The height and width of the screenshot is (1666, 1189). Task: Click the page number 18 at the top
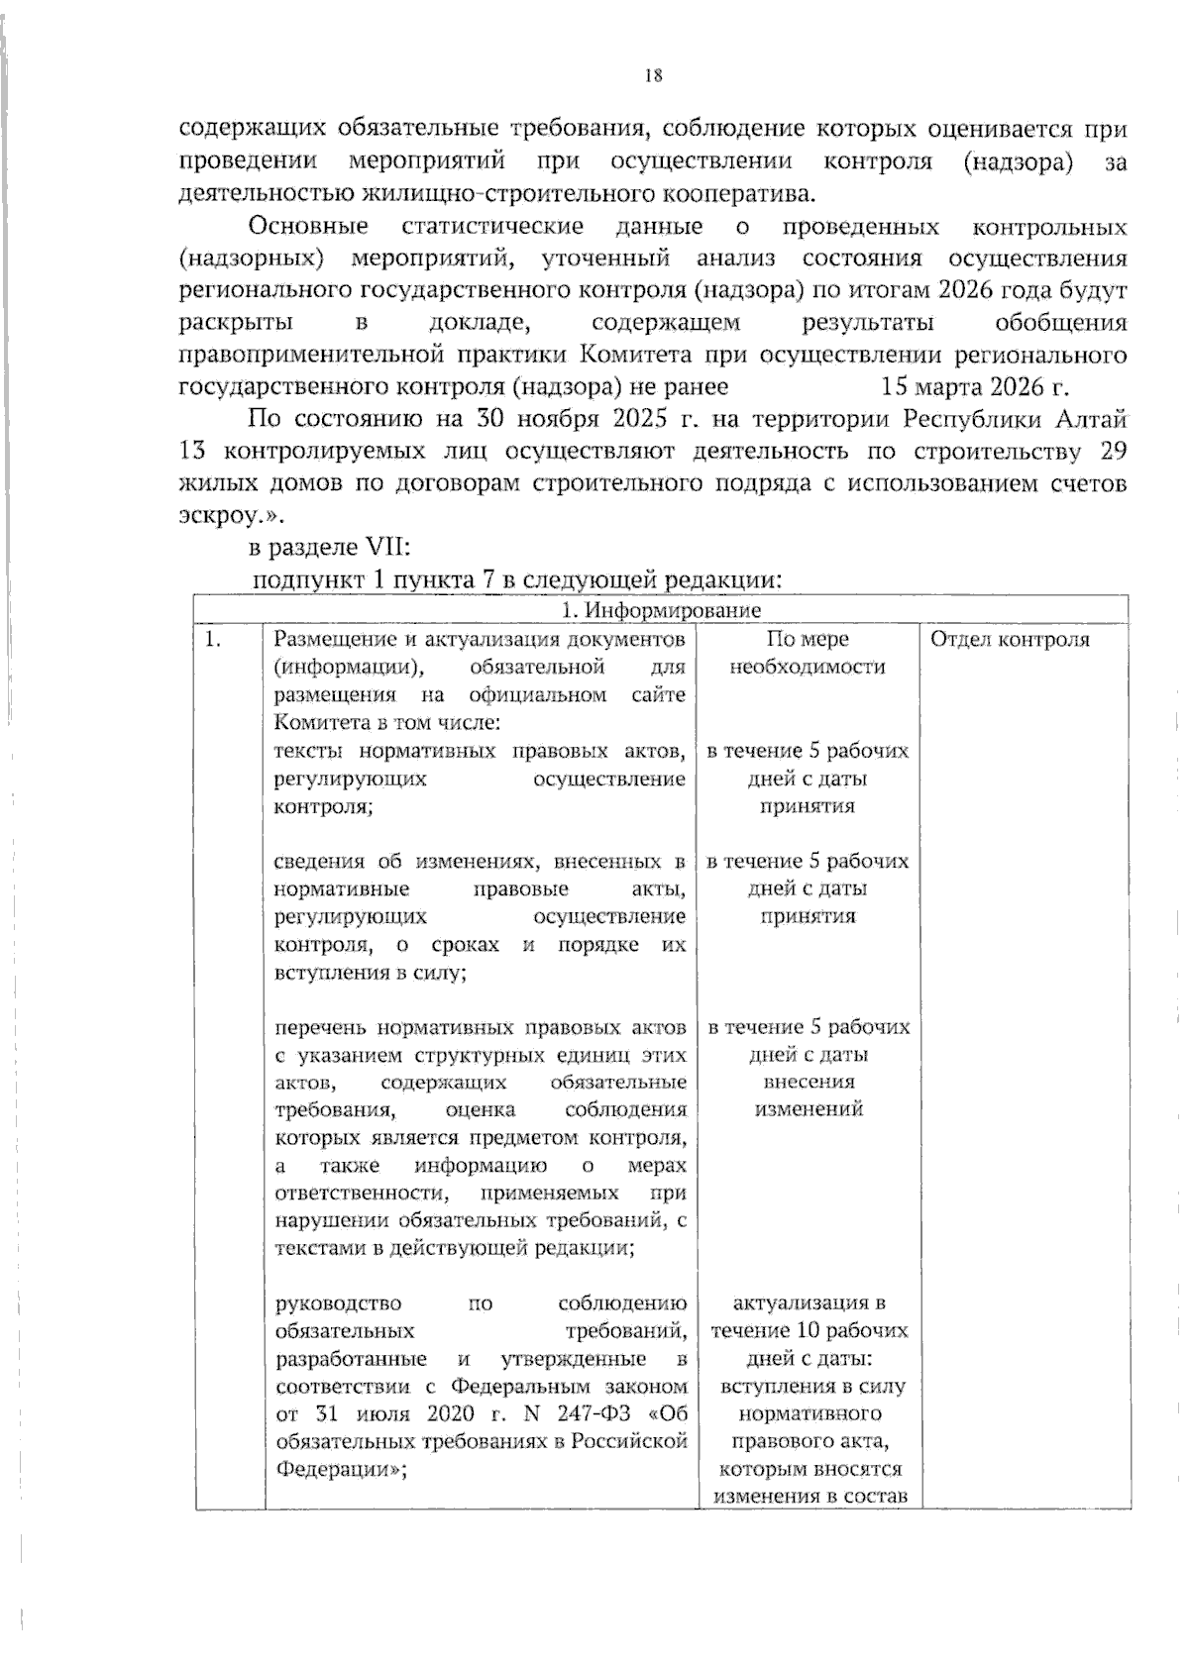pyautogui.click(x=653, y=75)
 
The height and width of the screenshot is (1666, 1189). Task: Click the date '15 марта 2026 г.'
pyautogui.click(x=977, y=386)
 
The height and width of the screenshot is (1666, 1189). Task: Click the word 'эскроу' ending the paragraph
pyautogui.click(x=212, y=515)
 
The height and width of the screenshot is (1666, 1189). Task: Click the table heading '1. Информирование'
pyautogui.click(x=662, y=610)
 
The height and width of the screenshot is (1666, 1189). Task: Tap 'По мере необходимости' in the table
pyautogui.click(x=808, y=654)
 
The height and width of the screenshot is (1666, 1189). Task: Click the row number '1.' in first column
pyautogui.click(x=213, y=640)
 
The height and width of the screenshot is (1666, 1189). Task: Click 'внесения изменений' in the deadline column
pyautogui.click(x=808, y=1095)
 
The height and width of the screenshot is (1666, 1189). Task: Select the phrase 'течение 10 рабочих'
pyautogui.click(x=810, y=1330)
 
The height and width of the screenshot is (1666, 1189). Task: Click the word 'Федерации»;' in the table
pyautogui.click(x=342, y=1470)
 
